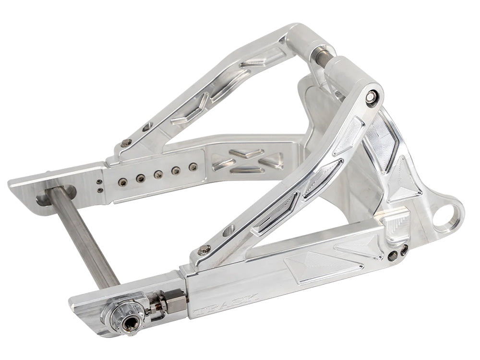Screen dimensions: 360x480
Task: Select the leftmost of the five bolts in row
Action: pos(122,182)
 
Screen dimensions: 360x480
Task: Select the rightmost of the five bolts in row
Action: pos(193,167)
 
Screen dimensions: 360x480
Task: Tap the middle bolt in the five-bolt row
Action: pos(158,174)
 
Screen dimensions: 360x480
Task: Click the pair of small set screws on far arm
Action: pos(99,185)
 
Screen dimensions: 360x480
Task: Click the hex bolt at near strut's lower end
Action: pos(204,249)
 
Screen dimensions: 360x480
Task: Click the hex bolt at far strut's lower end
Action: pos(127,142)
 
